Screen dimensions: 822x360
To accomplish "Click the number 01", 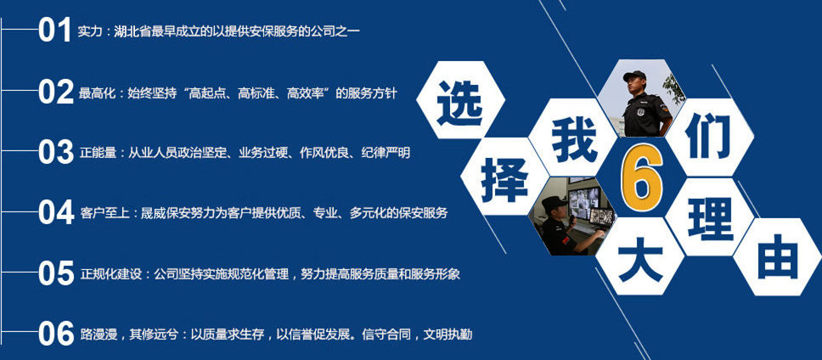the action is (x=54, y=30).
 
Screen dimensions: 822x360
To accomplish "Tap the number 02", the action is (x=55, y=93).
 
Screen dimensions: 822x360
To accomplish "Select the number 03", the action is (x=55, y=153).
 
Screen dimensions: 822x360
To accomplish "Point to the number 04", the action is (x=55, y=213).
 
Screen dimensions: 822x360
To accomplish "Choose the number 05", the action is (x=55, y=273).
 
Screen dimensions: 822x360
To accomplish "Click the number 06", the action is (x=55, y=334).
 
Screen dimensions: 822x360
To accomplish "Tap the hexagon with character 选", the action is (x=460, y=99).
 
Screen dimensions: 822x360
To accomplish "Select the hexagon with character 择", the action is (x=504, y=177).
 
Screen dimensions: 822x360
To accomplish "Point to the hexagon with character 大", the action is (x=640, y=256).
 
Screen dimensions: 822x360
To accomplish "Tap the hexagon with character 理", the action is (x=711, y=217).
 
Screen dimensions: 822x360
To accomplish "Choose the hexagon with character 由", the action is (x=778, y=256).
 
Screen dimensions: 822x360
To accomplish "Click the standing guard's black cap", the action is (x=635, y=76).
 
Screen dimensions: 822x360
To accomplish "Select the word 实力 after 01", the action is (x=88, y=32).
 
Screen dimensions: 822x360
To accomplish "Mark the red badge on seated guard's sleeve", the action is (x=566, y=240).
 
